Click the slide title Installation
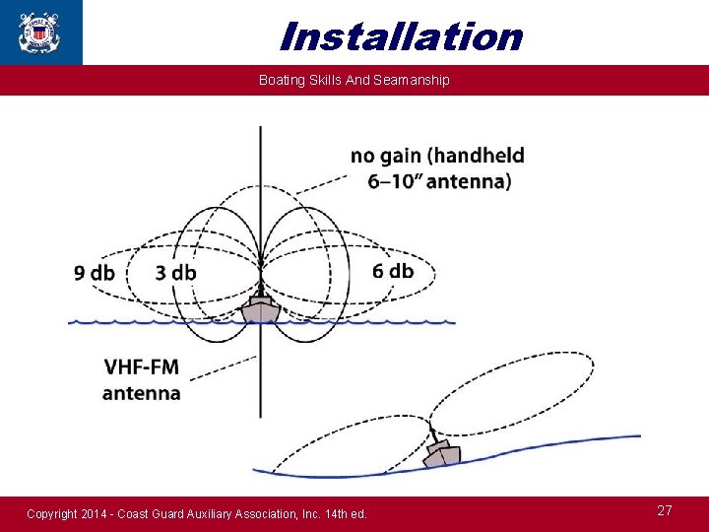[400, 36]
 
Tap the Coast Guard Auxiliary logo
[39, 32]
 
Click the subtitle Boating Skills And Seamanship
[354, 80]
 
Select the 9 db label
[95, 273]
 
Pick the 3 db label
[175, 273]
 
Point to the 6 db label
[393, 271]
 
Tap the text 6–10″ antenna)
[439, 181]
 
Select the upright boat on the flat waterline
[260, 308]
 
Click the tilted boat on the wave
[441, 454]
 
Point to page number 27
[665, 510]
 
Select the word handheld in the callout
[480, 156]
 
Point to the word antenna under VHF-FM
[142, 393]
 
